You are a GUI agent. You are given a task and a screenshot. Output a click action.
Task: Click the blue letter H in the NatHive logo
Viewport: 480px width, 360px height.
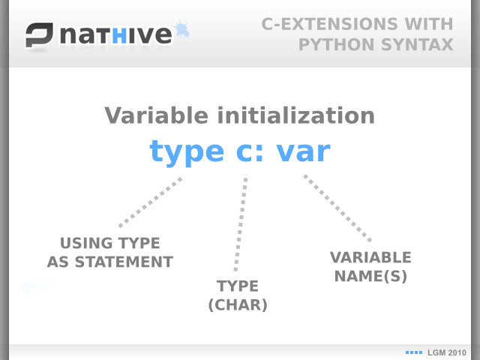119,36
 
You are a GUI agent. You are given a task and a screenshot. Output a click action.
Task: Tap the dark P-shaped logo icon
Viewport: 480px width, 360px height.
39,34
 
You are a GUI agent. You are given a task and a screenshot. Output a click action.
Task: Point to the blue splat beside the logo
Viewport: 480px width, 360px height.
182,30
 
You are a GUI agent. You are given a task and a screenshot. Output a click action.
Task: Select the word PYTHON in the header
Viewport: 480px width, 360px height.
337,45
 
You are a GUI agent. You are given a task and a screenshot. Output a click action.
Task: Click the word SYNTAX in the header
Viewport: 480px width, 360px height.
417,45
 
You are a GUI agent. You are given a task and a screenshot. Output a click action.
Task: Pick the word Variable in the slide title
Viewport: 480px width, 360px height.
157,115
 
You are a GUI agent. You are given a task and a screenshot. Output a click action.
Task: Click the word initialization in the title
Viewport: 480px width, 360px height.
296,115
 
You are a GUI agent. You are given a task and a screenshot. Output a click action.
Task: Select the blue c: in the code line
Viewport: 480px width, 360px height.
250,152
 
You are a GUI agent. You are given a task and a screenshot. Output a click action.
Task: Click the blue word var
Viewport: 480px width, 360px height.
303,152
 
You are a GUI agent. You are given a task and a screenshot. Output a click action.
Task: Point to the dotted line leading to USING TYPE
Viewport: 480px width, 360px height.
150,202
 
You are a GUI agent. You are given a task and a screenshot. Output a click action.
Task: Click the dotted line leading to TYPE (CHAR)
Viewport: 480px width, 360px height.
241,223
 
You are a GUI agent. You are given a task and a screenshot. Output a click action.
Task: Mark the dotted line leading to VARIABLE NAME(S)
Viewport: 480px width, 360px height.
337,208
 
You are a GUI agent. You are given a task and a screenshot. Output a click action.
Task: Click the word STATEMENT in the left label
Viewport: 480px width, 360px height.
124,262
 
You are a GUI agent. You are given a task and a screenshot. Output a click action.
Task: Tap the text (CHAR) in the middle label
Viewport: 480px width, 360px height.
238,305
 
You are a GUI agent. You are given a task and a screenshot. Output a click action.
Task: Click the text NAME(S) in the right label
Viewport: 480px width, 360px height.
370,276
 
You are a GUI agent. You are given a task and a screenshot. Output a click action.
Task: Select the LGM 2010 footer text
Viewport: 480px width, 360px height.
447,353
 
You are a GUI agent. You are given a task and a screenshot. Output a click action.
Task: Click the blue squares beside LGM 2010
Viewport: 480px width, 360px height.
414,352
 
